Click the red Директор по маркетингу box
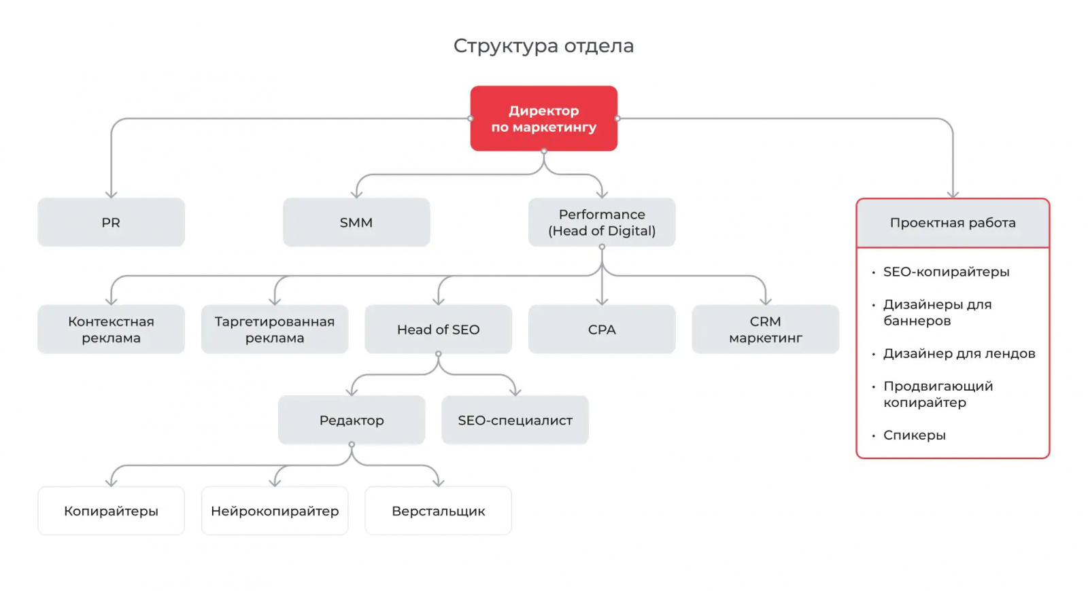543,118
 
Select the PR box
111,222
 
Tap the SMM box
356,222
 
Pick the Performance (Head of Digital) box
602,222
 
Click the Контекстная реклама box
111,329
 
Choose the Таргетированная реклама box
275,329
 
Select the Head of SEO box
438,329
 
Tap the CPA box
602,329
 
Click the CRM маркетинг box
765,329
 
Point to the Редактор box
352,420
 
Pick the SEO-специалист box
515,420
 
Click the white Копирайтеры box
111,511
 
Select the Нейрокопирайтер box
275,511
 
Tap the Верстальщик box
438,511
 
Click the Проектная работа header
953,223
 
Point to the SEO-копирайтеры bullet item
946,272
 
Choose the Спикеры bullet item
914,435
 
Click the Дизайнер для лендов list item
959,353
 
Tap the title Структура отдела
543,46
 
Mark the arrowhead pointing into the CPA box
602,300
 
